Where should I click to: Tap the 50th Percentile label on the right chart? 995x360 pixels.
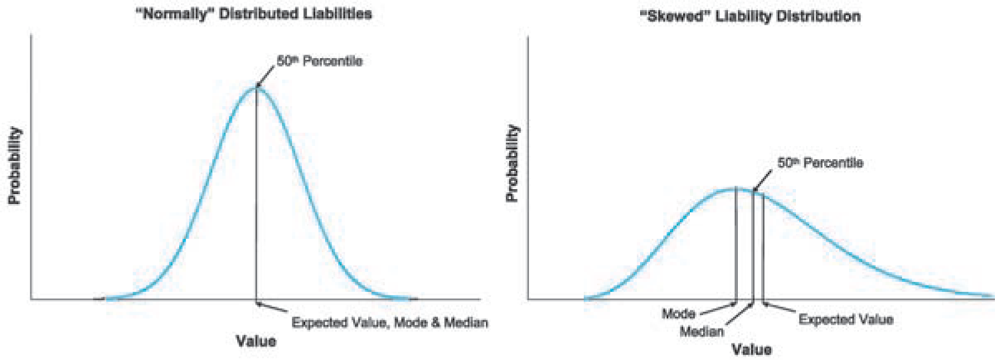tap(820, 163)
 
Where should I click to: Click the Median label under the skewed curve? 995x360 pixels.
tap(701, 331)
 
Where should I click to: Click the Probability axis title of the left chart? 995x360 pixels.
tap(14, 165)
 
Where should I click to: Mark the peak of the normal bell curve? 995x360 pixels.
tap(255, 87)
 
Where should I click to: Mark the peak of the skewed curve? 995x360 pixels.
tap(735, 189)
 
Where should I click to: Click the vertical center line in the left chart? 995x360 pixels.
tap(255, 199)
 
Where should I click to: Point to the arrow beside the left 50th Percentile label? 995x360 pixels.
tap(265, 75)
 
